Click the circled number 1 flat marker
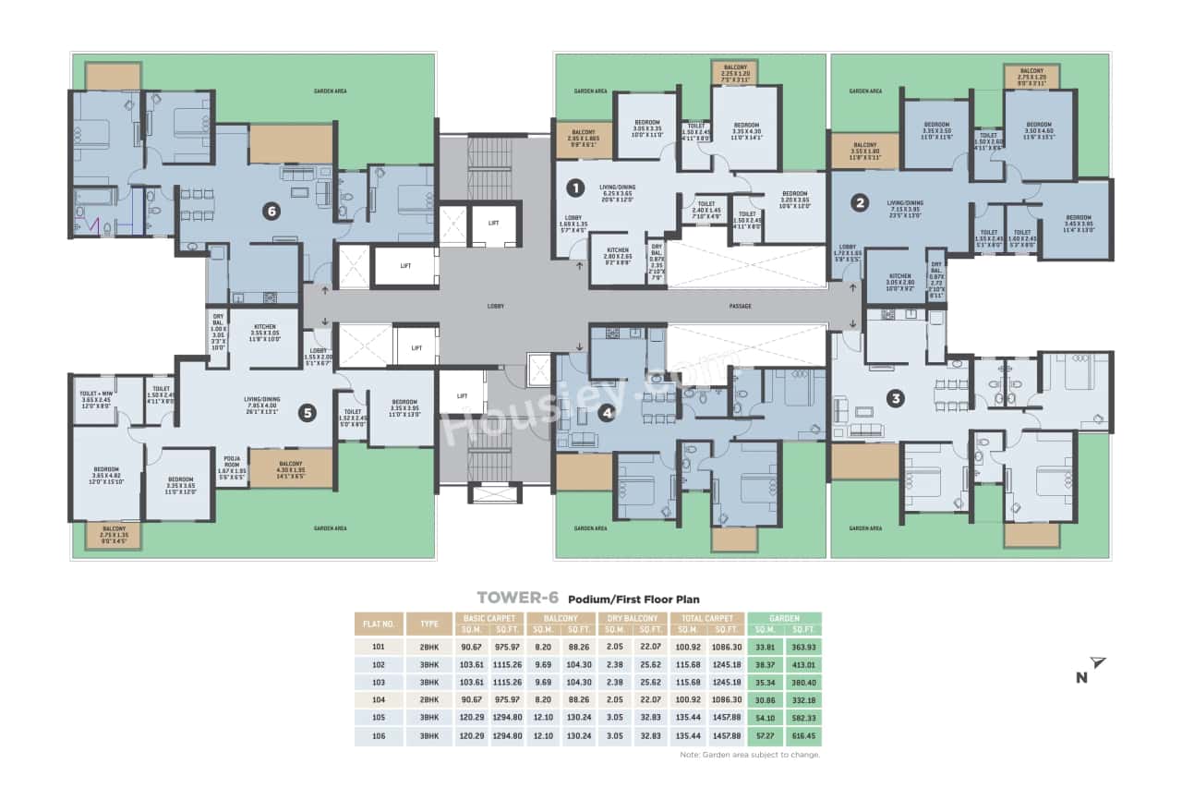point(575,188)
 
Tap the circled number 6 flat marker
point(271,212)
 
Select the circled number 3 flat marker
point(895,399)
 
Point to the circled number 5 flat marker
point(308,413)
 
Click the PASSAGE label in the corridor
point(740,306)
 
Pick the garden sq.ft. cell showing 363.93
point(805,647)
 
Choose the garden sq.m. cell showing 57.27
point(765,736)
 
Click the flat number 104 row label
point(378,700)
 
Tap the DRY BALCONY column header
point(634,618)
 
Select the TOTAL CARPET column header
point(706,618)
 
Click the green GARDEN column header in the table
point(785,618)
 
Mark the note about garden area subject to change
point(749,755)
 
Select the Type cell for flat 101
point(428,647)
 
